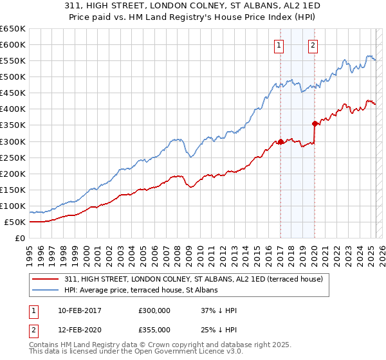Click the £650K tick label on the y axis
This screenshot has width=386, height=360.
tap(13, 29)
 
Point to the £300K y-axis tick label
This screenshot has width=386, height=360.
tap(13, 141)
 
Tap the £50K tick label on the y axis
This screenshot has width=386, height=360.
tap(15, 222)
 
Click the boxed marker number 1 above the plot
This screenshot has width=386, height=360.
tap(279, 45)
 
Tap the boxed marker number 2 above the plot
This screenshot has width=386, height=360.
tap(313, 45)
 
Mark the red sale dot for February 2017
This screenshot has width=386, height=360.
tap(280, 141)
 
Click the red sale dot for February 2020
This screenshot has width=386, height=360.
tap(315, 123)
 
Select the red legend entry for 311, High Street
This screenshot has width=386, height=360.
tap(198, 279)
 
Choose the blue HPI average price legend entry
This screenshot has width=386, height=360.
tap(141, 291)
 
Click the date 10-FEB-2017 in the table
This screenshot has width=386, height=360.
tap(79, 310)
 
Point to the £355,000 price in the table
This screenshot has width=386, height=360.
tap(154, 330)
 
